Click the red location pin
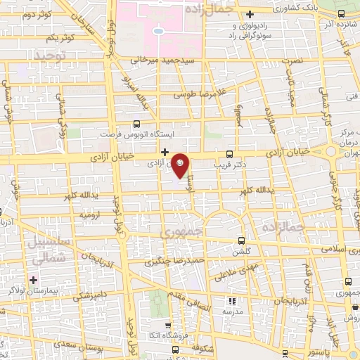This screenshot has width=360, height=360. [x=181, y=165]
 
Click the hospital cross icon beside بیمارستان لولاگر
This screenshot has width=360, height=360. [x=33, y=280]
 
